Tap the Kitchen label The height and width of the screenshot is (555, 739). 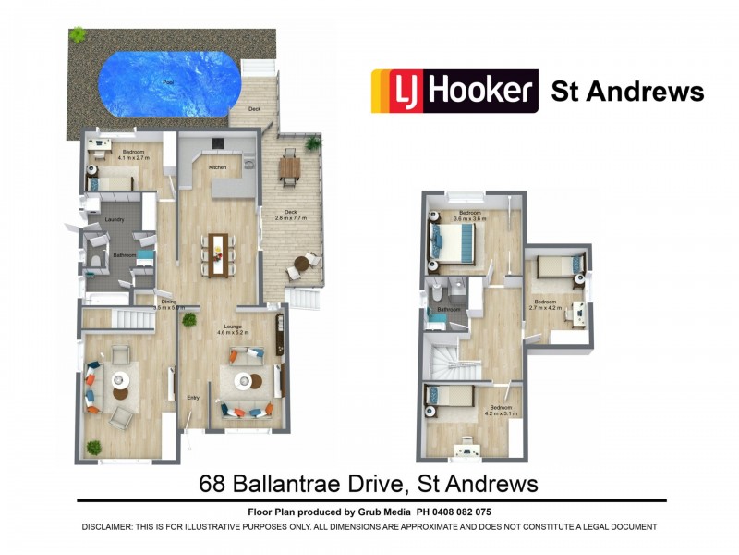(x=218, y=167)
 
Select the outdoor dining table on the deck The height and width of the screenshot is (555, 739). (x=290, y=167)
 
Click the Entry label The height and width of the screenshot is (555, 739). (x=193, y=398)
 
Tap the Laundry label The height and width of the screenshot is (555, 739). (x=115, y=220)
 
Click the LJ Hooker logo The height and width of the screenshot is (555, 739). (x=454, y=92)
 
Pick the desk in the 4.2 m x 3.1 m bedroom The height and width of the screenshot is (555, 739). (x=467, y=450)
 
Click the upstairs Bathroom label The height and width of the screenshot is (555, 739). (x=449, y=309)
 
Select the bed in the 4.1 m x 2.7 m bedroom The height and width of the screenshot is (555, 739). (x=109, y=181)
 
